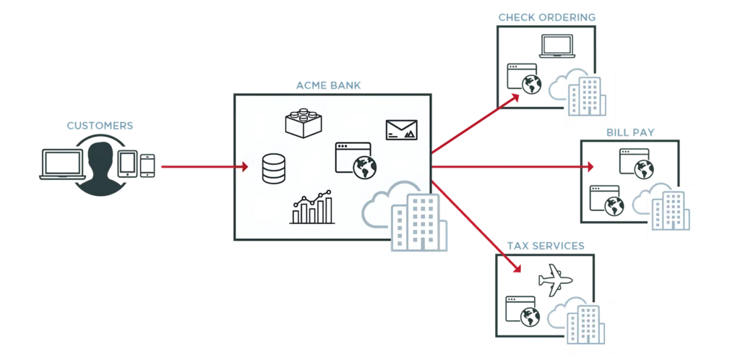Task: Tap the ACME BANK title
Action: (x=328, y=86)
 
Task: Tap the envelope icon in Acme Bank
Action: (x=401, y=129)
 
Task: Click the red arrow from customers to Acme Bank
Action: (x=202, y=167)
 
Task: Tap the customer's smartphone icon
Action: (x=147, y=166)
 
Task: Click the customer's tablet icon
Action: (x=127, y=162)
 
